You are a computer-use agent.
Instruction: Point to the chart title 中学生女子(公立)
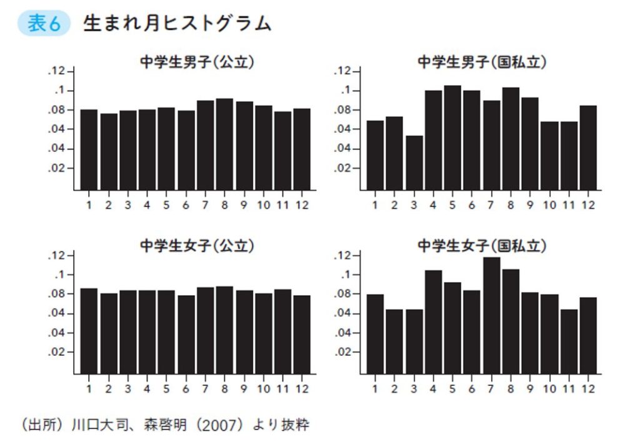196,246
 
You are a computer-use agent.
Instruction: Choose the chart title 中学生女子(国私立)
482,246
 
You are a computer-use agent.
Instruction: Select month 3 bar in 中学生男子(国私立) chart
414,163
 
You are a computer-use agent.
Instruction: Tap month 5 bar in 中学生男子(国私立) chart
452,138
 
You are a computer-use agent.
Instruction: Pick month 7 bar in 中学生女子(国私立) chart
492,316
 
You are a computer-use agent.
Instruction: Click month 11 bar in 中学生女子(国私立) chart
569,341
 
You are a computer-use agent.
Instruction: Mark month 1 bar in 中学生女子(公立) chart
89,331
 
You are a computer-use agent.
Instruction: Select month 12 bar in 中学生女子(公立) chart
302,335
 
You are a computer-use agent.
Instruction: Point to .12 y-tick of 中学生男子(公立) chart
56,71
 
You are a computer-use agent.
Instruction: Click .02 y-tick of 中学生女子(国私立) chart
343,352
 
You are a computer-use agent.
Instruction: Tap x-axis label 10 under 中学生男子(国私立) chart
550,205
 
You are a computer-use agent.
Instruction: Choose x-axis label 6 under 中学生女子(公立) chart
186,389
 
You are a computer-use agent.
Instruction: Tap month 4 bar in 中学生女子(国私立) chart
433,322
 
